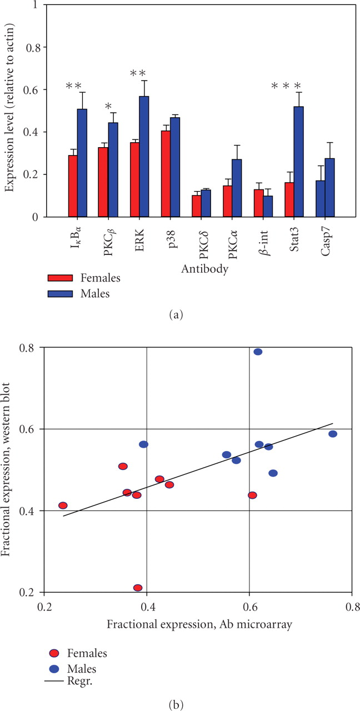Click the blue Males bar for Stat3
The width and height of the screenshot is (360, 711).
(x=299, y=162)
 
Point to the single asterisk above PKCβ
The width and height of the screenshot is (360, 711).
(x=109, y=107)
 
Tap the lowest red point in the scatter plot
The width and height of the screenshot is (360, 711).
(x=138, y=588)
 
